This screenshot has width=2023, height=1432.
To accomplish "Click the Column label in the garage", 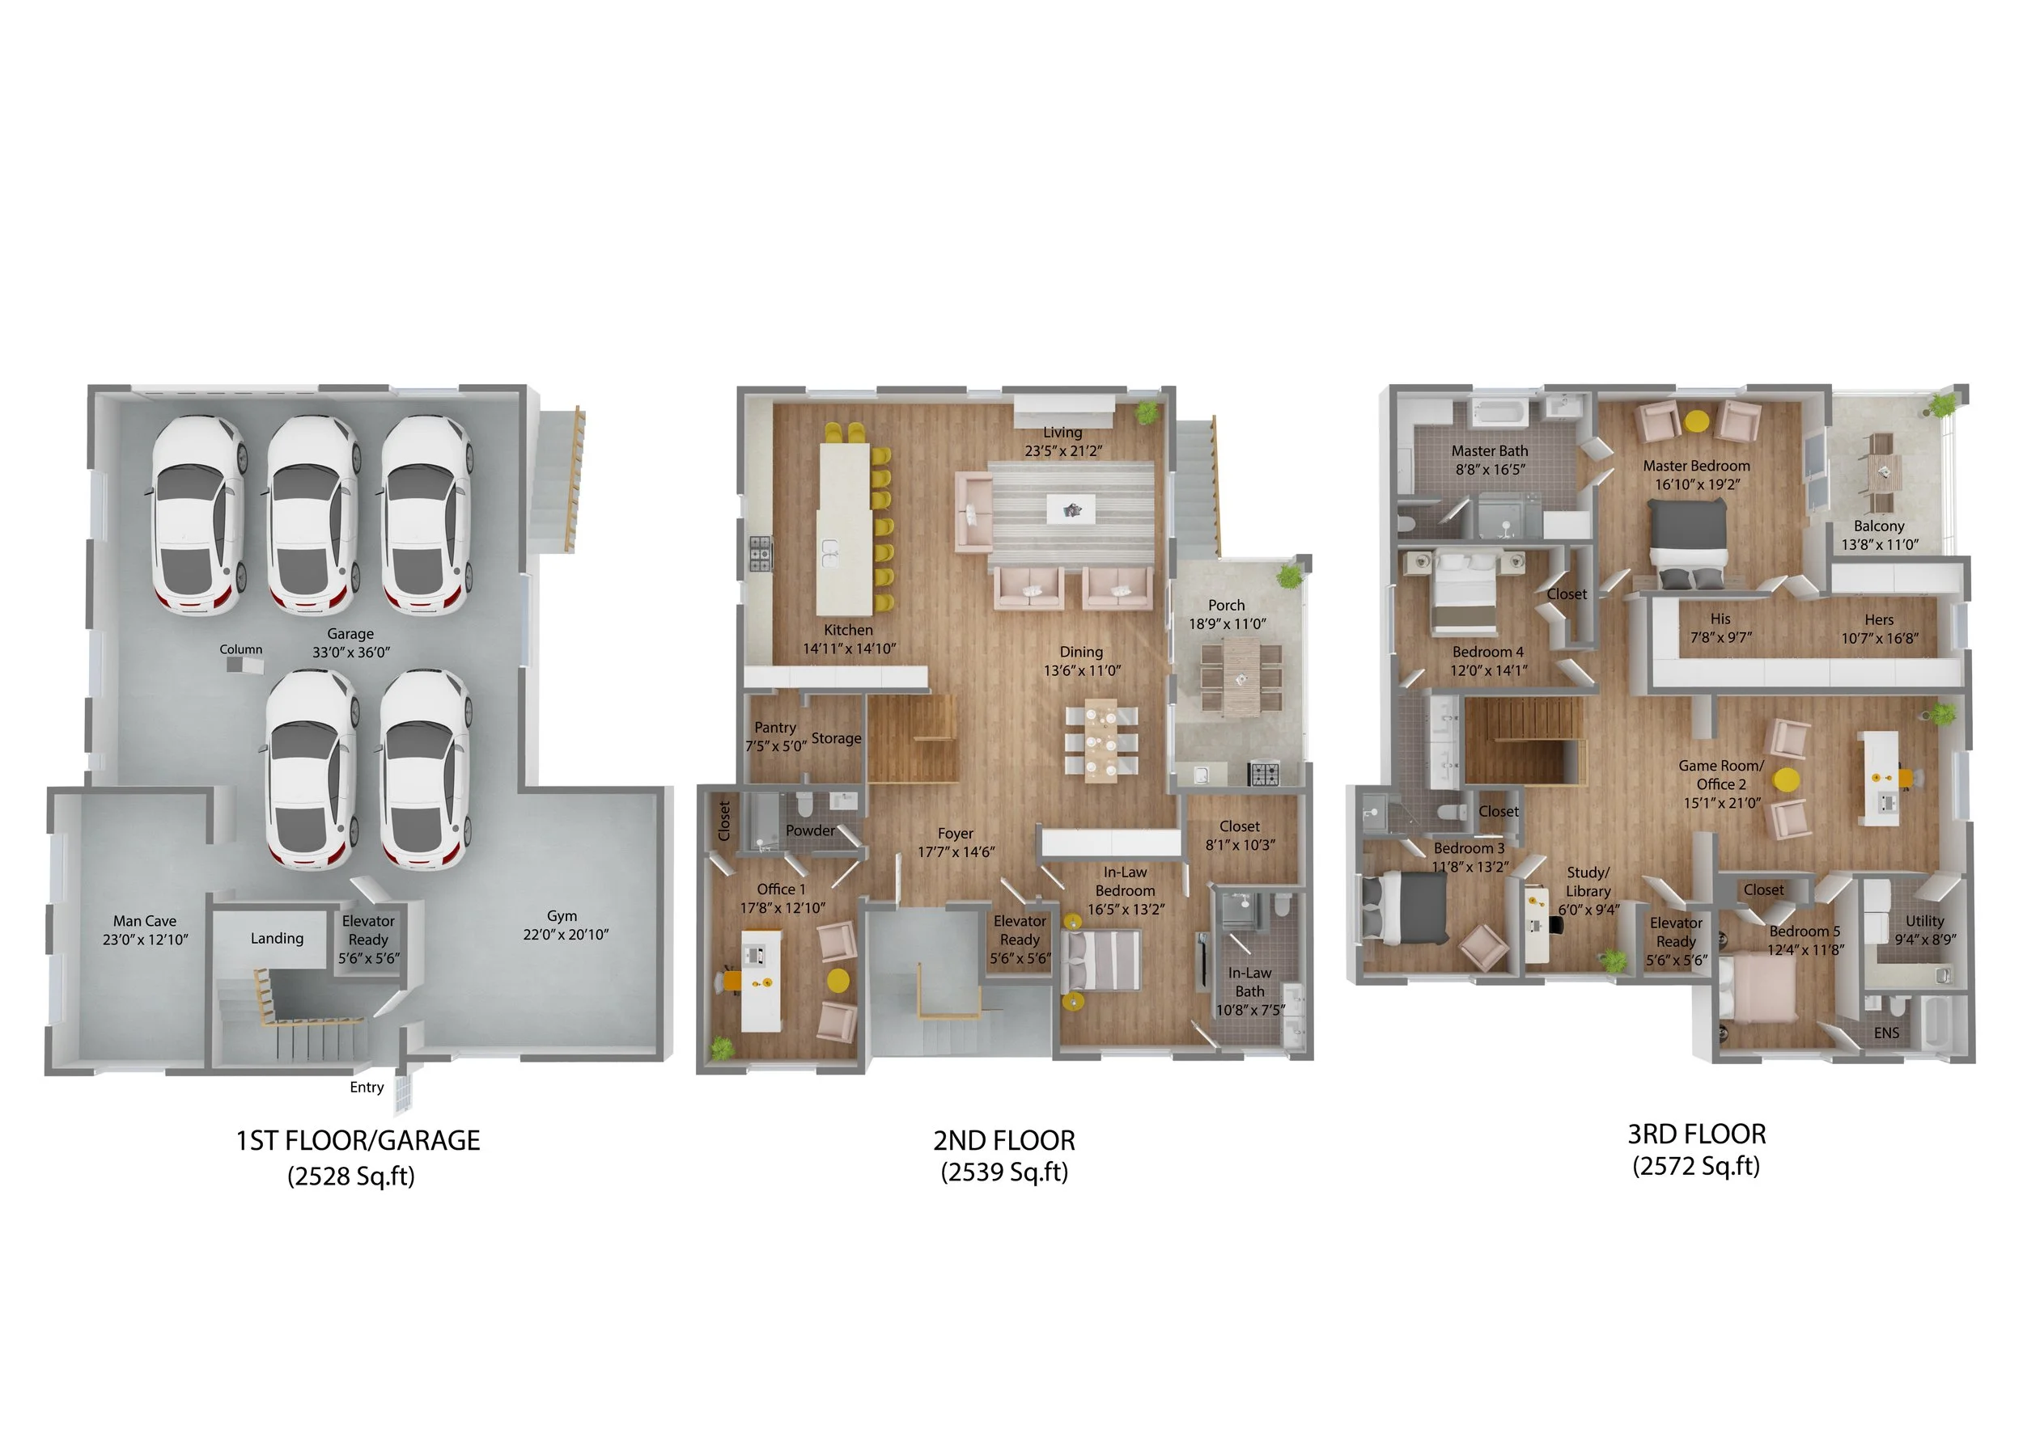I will pos(241,649).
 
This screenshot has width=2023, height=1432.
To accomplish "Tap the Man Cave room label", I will pos(145,920).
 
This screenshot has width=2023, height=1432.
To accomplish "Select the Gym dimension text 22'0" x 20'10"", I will pos(566,935).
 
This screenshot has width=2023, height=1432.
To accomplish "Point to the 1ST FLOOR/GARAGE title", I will pos(358,1140).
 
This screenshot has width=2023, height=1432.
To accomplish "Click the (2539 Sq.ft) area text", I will pos(1004,1172).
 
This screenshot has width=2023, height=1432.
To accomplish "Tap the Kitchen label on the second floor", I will pos(848,630).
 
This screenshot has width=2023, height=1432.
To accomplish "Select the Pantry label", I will pos(774,728).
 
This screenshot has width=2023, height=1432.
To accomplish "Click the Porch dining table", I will pos(1241,675).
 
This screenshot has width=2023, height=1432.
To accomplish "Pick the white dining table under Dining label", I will pos(1101,741).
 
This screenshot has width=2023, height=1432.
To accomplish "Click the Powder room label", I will pos(810,830).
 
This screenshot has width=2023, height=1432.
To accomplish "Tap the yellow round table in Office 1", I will pos(838,981).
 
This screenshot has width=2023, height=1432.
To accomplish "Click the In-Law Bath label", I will pos(1249,982).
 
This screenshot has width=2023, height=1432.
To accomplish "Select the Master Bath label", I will pos(1489,450).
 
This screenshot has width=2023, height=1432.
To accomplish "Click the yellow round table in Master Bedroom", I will pos(1696,421).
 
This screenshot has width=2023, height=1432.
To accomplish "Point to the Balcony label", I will pos(1878,526).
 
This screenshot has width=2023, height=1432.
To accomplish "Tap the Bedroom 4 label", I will pos(1487,652).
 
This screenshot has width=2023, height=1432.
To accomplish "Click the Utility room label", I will pos(1924,920).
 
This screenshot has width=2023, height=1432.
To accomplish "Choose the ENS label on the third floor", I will pos(1886,1033).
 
